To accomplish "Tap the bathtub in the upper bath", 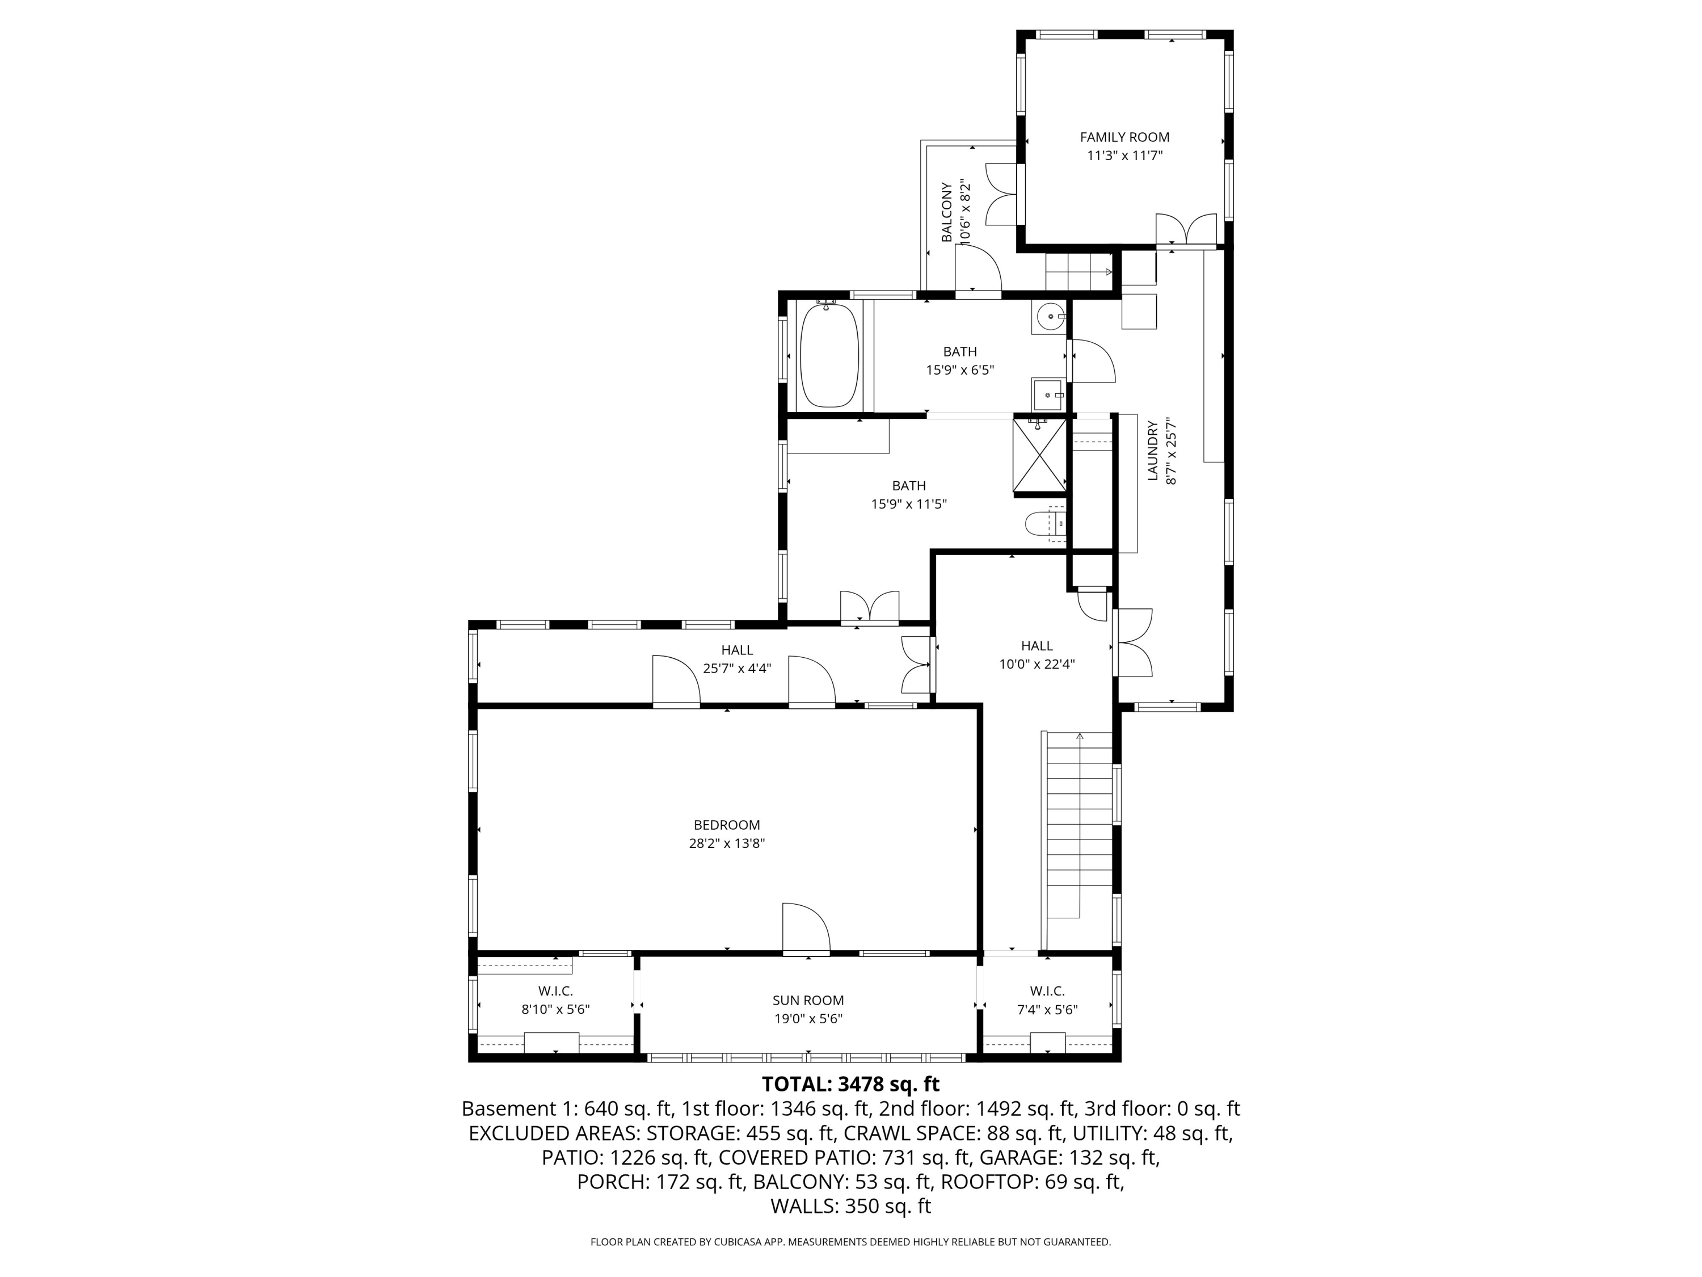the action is [x=829, y=355].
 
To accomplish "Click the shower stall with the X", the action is [x=1039, y=455].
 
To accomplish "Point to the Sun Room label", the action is [x=808, y=1000].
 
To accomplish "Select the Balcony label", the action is [x=946, y=212].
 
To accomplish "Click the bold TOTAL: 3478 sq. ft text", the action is [x=850, y=1084].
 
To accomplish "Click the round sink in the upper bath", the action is [x=1050, y=316].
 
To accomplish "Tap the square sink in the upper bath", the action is [x=1048, y=395].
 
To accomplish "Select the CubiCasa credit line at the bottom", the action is [x=850, y=1242].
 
